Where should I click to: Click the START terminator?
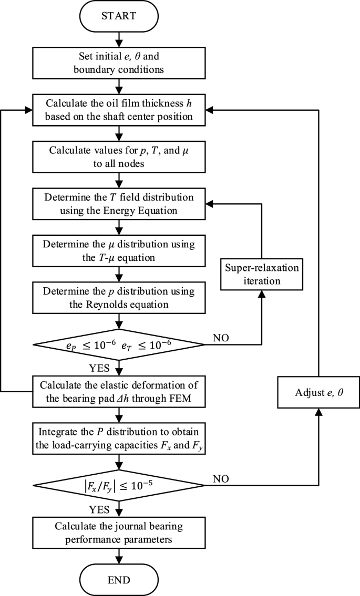point(121,16)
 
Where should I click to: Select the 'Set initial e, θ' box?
point(121,62)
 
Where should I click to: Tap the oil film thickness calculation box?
point(121,110)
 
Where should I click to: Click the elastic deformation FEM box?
point(121,391)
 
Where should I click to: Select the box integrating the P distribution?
point(121,438)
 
